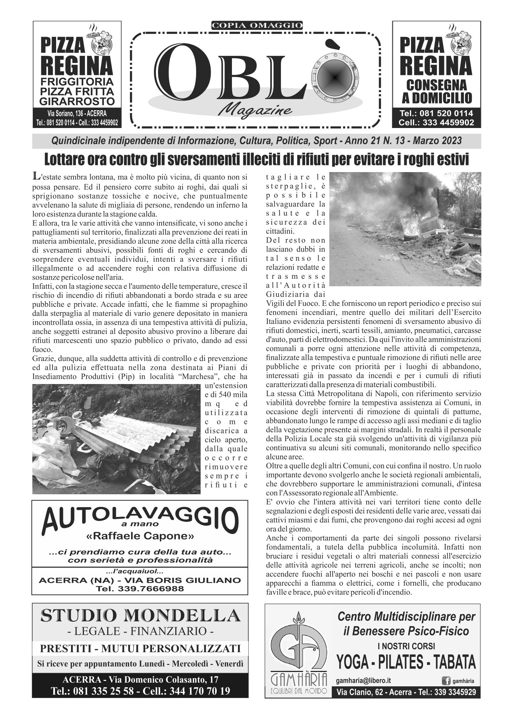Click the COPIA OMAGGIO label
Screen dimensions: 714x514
(x=257, y=25)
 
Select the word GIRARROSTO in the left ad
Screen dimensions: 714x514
(x=77, y=101)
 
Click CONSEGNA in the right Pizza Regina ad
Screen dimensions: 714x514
(x=436, y=85)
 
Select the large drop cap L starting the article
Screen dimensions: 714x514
(x=35, y=176)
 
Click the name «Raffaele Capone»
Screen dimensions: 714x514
(x=140, y=536)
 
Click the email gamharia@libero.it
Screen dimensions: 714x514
(x=363, y=681)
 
